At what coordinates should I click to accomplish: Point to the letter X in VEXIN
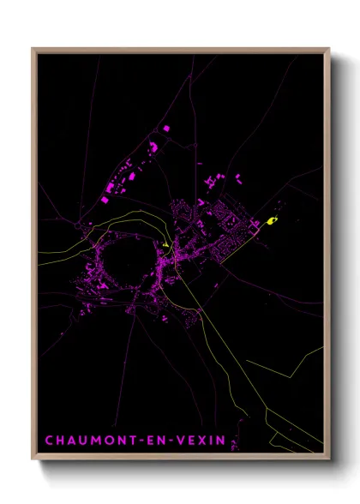[202, 441]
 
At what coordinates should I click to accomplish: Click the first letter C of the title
[49, 441]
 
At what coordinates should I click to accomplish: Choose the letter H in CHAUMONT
[61, 441]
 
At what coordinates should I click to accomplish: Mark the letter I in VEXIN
[212, 441]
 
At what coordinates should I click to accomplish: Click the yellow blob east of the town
[272, 221]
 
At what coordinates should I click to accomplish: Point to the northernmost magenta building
[165, 128]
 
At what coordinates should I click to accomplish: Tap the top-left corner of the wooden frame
[33, 49]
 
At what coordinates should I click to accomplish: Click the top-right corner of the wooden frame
[329, 49]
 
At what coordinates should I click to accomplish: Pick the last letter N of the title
[222, 441]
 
